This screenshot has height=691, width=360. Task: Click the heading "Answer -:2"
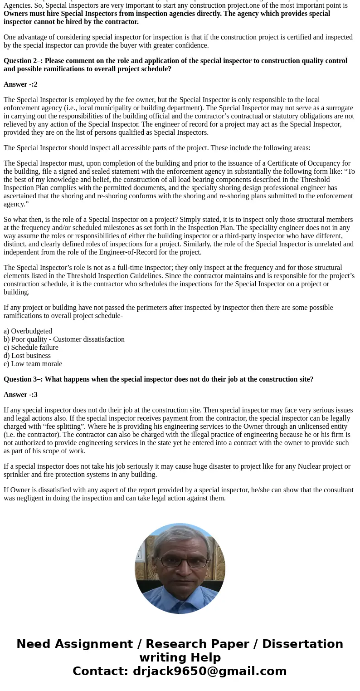pyautogui.click(x=20, y=84)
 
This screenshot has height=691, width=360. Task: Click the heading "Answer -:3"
pyautogui.click(x=20, y=395)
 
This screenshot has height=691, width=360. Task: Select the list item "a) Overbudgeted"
pyautogui.click(x=28, y=331)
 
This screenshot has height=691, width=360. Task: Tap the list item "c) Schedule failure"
pyautogui.click(x=31, y=348)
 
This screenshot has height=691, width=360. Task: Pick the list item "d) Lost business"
pyautogui.click(x=27, y=356)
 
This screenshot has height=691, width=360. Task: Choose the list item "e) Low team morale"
pyautogui.click(x=33, y=364)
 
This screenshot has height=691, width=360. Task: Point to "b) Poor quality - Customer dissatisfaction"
pyautogui.click(x=64, y=339)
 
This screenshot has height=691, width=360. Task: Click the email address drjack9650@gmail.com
pyautogui.click(x=209, y=671)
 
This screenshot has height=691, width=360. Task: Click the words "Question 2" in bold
pyautogui.click(x=21, y=61)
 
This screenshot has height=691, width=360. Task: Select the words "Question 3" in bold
pyautogui.click(x=21, y=379)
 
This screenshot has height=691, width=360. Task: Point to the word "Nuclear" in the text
pyautogui.click(x=309, y=466)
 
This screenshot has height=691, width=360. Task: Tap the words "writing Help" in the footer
pyautogui.click(x=180, y=657)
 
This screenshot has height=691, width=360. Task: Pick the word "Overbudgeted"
pyautogui.click(x=31, y=331)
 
